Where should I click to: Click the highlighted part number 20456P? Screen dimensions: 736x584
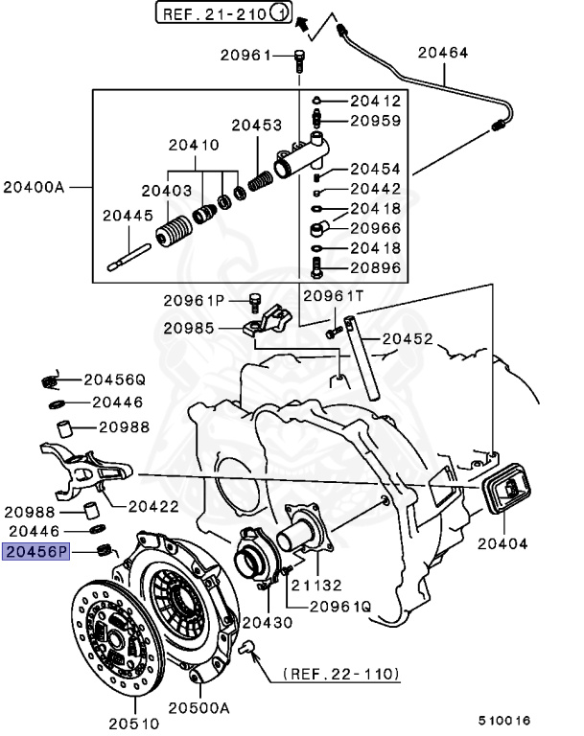tap(37, 551)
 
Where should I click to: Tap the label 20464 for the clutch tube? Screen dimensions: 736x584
tap(440, 53)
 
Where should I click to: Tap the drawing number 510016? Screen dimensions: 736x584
tap(505, 720)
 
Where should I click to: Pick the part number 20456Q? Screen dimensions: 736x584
tap(113, 379)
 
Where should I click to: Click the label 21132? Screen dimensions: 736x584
tap(315, 586)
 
